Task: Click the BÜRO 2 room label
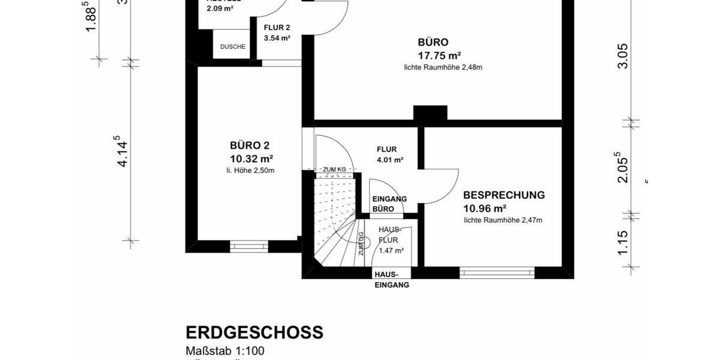[250, 145]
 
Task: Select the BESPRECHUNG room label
[504, 195]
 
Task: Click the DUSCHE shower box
[233, 47]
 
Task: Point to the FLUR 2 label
[277, 28]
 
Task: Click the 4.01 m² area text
[390, 160]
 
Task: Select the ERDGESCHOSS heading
[254, 332]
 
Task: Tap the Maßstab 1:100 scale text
[225, 351]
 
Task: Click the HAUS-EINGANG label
[392, 280]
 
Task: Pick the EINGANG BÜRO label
[389, 204]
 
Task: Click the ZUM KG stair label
[334, 170]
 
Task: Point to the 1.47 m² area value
[391, 251]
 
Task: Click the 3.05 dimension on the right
[623, 56]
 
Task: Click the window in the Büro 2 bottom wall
[249, 246]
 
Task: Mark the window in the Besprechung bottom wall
[497, 272]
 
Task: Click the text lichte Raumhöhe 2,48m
[443, 67]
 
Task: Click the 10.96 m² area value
[485, 209]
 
